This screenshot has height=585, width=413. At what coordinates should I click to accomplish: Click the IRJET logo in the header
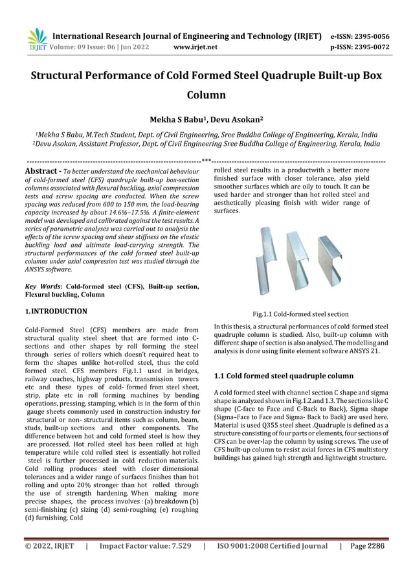(37, 40)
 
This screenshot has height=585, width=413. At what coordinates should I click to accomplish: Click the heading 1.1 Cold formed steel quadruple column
(283, 376)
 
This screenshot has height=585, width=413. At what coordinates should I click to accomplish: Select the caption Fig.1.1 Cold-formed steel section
(300, 314)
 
